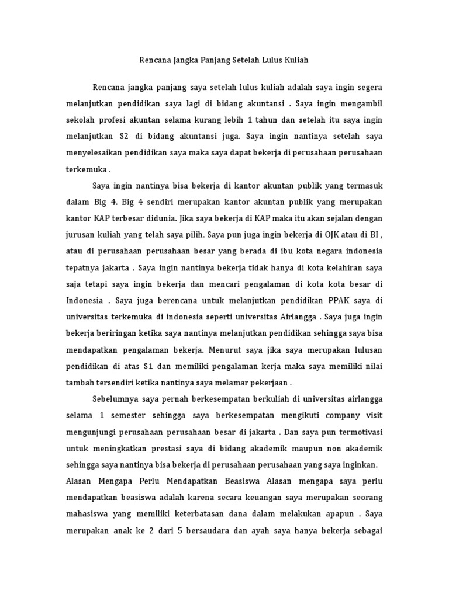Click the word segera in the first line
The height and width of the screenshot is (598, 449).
(x=369, y=88)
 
